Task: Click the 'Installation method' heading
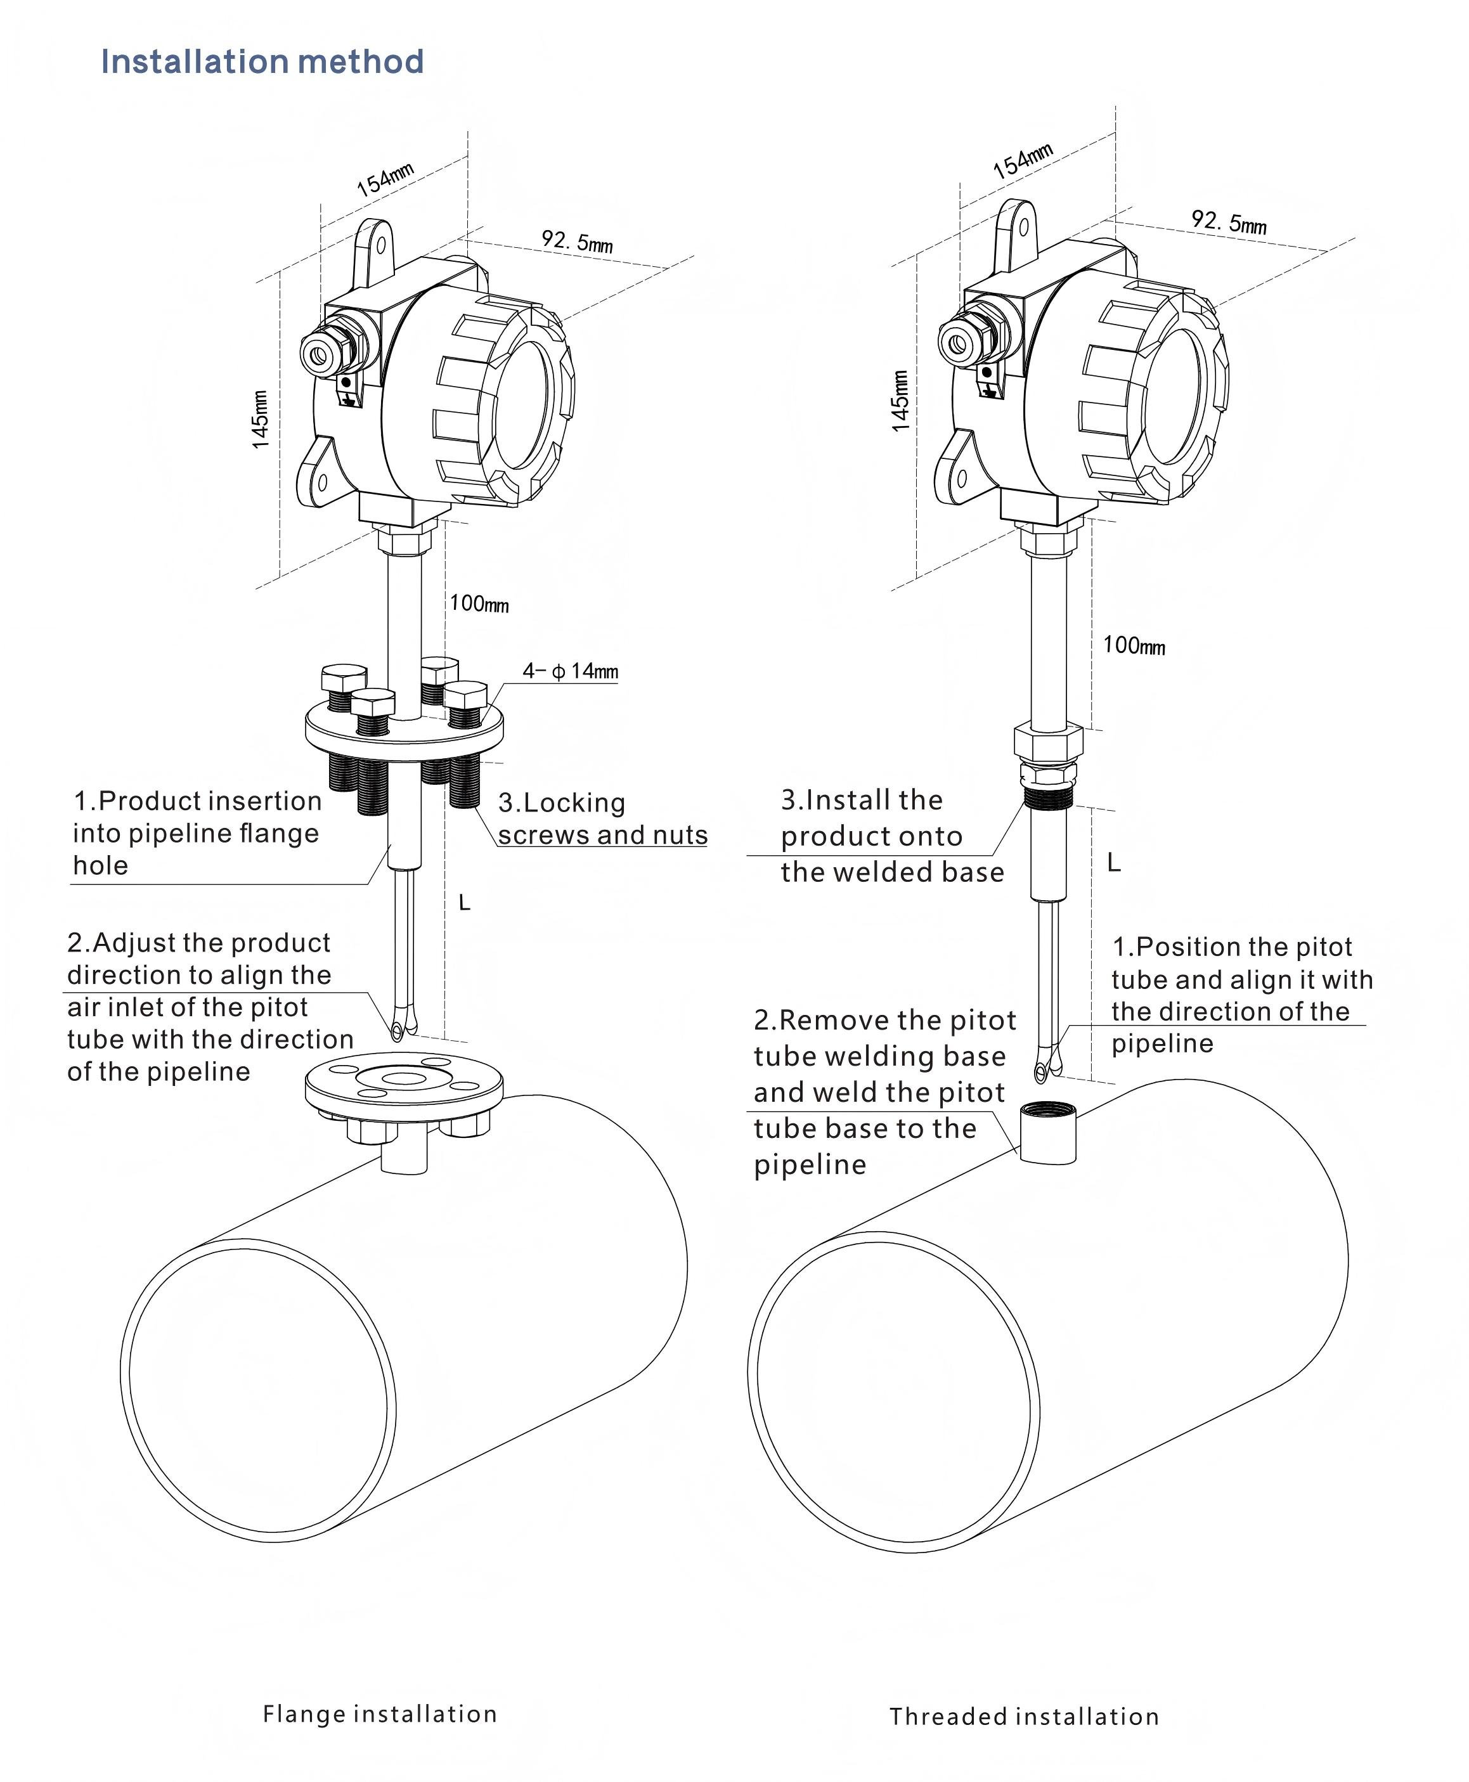pos(262,61)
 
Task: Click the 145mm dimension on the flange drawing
pos(261,419)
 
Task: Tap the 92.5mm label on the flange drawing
pos(577,241)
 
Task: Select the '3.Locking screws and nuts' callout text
pos(602,818)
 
